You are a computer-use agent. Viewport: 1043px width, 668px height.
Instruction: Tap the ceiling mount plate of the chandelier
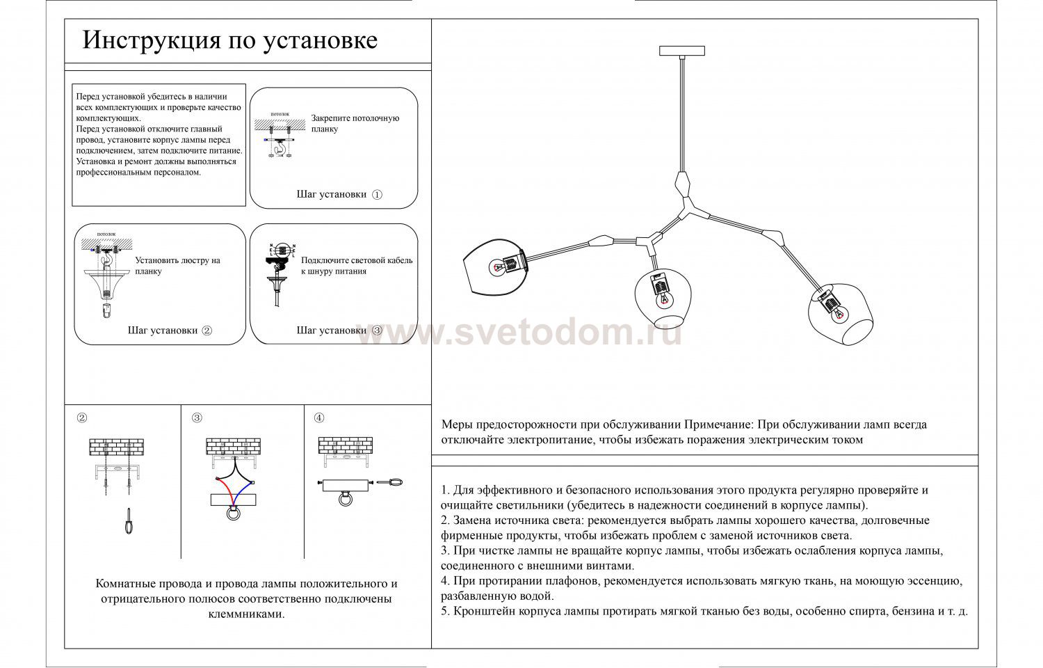(x=681, y=51)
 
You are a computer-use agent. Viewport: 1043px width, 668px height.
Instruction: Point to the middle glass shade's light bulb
(x=663, y=298)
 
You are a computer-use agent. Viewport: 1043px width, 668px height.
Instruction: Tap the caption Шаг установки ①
(x=339, y=195)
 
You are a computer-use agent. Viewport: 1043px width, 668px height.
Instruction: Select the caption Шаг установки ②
(x=170, y=331)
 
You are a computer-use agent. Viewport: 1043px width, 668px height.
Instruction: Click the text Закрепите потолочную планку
(x=355, y=123)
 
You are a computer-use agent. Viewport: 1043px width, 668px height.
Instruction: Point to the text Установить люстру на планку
(x=177, y=266)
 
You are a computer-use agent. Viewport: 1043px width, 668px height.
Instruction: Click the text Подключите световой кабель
(x=357, y=260)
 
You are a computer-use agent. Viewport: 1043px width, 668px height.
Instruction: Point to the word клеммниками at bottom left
(x=246, y=614)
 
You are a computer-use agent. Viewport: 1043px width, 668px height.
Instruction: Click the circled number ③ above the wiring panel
(x=197, y=418)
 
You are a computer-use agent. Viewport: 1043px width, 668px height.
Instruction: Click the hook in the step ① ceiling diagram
(x=280, y=147)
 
